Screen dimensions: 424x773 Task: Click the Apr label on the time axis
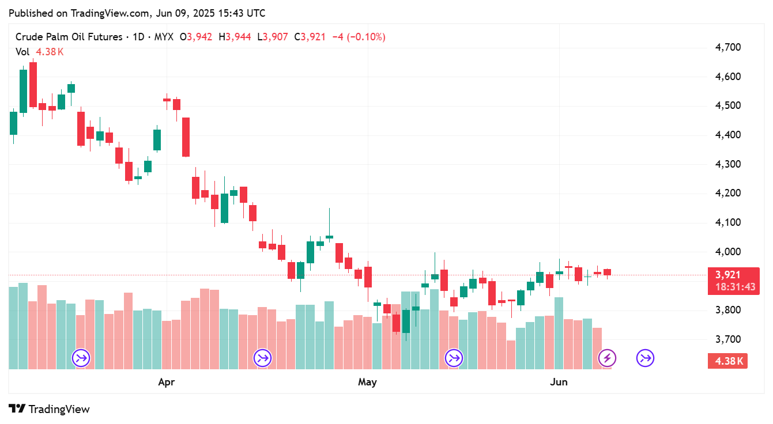click(167, 382)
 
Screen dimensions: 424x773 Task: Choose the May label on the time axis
click(367, 382)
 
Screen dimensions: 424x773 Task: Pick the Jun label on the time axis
click(559, 382)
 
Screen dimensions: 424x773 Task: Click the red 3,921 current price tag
click(727, 275)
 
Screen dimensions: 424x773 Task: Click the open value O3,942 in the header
click(196, 37)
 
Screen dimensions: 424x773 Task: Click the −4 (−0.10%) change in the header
click(358, 37)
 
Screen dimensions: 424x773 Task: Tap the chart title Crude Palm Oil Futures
click(69, 37)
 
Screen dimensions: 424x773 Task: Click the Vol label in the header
click(22, 52)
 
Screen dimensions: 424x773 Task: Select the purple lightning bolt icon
click(607, 358)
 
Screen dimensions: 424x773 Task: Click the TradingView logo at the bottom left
click(50, 409)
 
